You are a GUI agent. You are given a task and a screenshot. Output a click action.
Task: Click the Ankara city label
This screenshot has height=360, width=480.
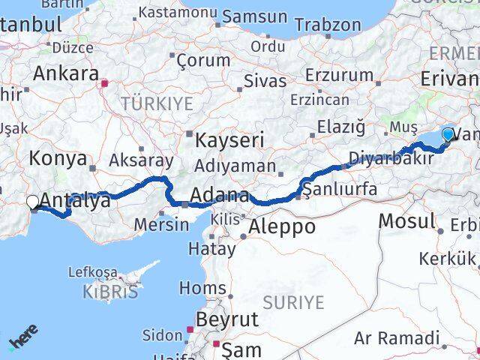tap(66, 74)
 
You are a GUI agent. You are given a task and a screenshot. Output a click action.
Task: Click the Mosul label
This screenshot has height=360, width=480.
tap(407, 221)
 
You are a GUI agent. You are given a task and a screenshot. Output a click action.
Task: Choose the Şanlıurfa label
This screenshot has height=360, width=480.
tap(342, 189)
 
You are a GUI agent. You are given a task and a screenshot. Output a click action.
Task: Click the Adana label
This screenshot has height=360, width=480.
tap(220, 196)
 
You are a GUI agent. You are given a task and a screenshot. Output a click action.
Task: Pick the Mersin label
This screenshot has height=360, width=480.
tap(163, 223)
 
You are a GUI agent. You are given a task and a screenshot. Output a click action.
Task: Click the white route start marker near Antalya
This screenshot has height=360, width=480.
tap(33, 202)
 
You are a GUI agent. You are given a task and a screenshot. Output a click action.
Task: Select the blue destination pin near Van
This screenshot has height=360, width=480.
tap(448, 135)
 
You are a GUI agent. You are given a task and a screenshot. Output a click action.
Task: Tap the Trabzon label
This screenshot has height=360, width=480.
tap(328, 25)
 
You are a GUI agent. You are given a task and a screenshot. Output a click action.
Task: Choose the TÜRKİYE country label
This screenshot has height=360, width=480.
tap(157, 103)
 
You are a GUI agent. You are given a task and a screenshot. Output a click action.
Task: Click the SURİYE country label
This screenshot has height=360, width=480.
tap(294, 302)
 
